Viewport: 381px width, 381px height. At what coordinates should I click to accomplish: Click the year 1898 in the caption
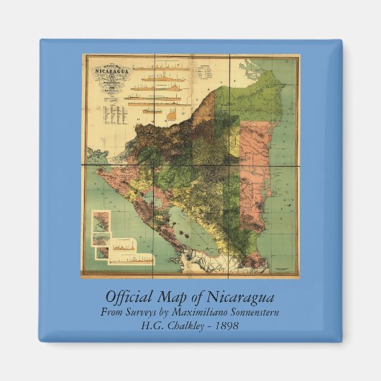tap(224, 325)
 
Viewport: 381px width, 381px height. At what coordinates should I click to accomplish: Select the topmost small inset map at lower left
tap(100, 219)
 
